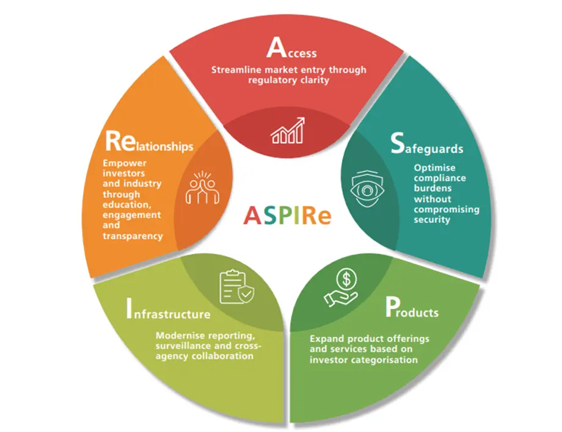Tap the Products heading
(412, 309)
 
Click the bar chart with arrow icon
(288, 131)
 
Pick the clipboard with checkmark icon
(236, 286)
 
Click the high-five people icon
(199, 189)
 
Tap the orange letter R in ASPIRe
(310, 215)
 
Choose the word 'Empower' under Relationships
(122, 164)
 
